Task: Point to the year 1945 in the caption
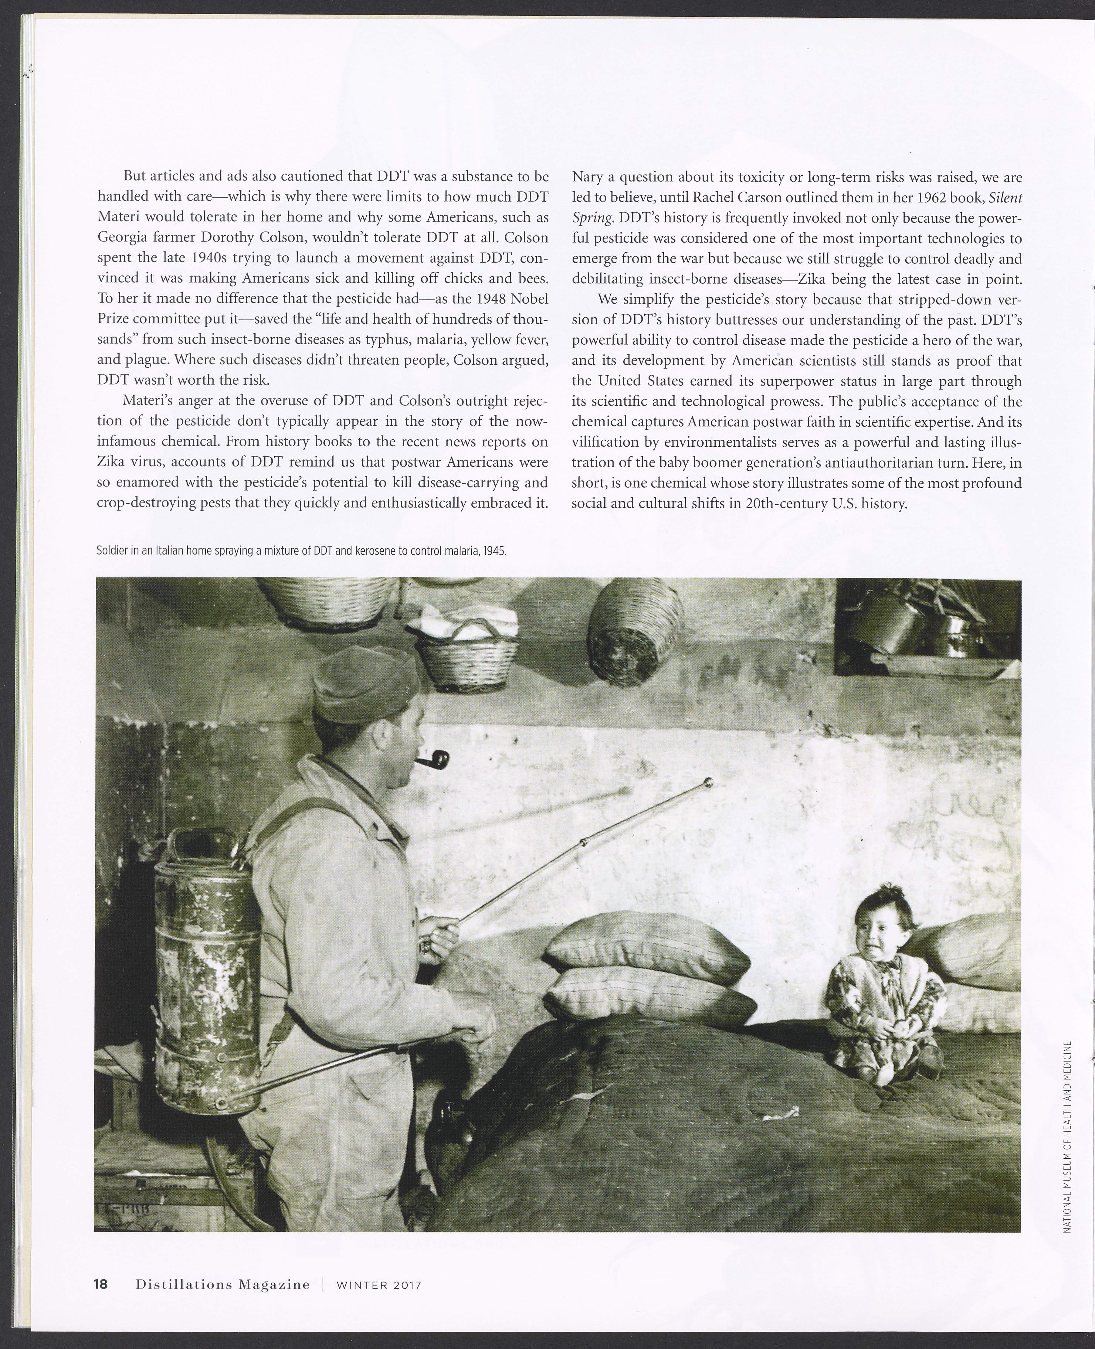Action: tap(496, 551)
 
